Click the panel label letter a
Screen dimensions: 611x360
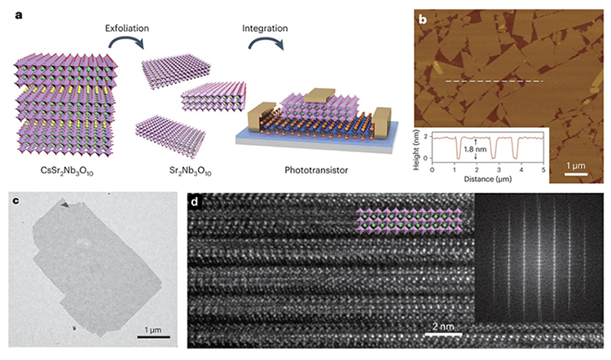tap(19, 16)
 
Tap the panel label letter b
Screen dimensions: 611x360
tap(422, 19)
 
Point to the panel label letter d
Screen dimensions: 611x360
tap(195, 202)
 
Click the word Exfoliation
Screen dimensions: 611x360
tap(127, 28)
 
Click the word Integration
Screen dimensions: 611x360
tap(265, 29)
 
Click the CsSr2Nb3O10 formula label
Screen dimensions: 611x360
tap(67, 171)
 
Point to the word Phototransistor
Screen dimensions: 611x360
tap(316, 170)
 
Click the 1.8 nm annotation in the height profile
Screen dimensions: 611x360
tap(476, 149)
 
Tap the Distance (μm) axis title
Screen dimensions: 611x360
tap(488, 179)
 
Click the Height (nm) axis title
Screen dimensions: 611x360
tap(416, 150)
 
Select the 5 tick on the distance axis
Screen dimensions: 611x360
tap(543, 170)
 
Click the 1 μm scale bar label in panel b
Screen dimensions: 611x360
tap(576, 165)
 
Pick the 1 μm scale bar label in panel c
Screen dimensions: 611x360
tap(153, 330)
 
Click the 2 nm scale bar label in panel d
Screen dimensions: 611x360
tap(443, 327)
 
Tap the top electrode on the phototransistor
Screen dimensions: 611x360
tap(319, 94)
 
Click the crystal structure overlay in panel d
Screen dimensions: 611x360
tap(409, 221)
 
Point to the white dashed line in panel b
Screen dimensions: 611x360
tap(495, 81)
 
